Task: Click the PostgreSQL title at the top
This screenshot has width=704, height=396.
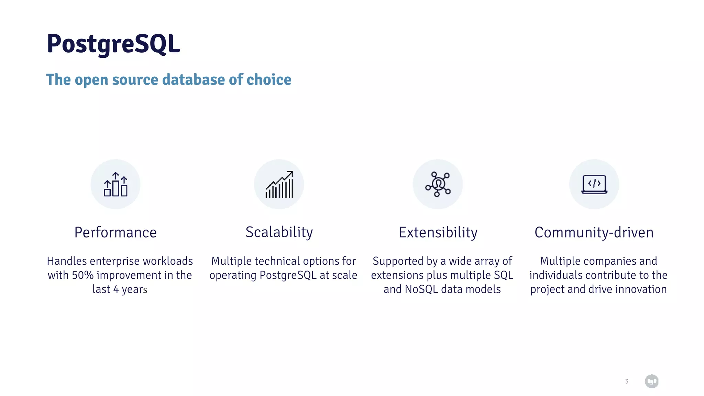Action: pos(113,44)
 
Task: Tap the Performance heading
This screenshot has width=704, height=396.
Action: pos(115,232)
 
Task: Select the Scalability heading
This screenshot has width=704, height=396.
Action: pos(279,232)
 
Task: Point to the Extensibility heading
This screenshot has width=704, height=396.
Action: pos(438,232)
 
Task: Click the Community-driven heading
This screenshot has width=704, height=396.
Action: pos(594,232)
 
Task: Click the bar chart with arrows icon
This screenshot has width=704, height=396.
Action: pos(115,184)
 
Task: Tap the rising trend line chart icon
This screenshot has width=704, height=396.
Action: pos(279,184)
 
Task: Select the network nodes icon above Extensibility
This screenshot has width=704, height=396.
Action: pos(438,184)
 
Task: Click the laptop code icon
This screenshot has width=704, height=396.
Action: pos(594,184)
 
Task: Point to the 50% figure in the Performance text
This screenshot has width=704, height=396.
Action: pos(82,275)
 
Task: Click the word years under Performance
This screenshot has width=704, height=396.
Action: pos(134,289)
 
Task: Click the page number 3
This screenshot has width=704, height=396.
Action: pos(627,381)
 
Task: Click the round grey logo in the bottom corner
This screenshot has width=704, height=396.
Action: pos(651,381)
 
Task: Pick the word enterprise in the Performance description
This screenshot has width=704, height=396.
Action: pos(115,261)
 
